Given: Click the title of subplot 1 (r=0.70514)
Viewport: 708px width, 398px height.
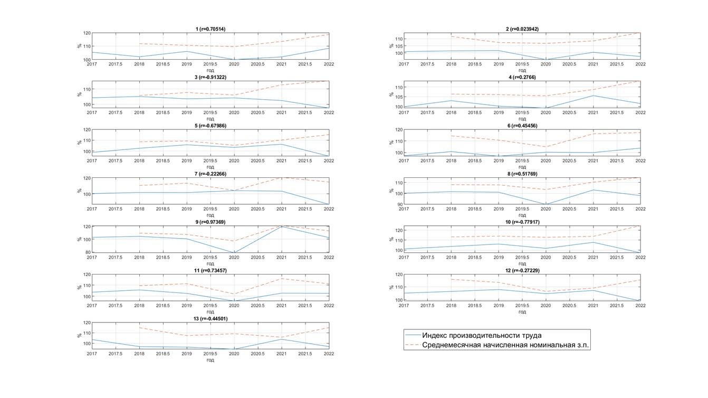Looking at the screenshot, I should click(x=210, y=29).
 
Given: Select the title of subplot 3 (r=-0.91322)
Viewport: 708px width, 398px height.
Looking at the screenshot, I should click(x=210, y=77).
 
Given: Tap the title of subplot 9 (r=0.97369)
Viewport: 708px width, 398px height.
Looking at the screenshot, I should click(x=210, y=222).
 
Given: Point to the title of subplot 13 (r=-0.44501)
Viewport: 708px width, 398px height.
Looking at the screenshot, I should click(x=210, y=319).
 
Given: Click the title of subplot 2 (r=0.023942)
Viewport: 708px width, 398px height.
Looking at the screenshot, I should click(x=522, y=29).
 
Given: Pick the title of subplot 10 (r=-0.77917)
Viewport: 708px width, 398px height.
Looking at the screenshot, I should click(x=522, y=222).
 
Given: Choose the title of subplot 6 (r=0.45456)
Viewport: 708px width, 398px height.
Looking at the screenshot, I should click(x=522, y=126).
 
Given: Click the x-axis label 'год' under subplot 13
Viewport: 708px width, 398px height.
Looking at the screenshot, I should click(x=210, y=360).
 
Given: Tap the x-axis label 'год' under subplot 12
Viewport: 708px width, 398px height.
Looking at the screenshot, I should click(x=522, y=311).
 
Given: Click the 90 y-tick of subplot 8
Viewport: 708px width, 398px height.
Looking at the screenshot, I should click(x=399, y=204).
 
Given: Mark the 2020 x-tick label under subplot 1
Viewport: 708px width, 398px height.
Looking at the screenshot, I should click(x=234, y=64).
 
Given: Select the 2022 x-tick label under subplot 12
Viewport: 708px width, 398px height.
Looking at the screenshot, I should click(x=640, y=306).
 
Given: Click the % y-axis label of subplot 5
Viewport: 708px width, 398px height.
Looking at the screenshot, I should click(x=80, y=142).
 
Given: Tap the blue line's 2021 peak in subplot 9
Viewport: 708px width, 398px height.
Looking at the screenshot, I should click(x=281, y=226).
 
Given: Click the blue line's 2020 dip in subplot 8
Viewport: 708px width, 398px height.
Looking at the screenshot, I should click(x=546, y=204).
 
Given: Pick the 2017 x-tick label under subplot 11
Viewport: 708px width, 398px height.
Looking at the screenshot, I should click(x=92, y=306).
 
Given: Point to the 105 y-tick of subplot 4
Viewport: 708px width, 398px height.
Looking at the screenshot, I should click(x=398, y=97).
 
